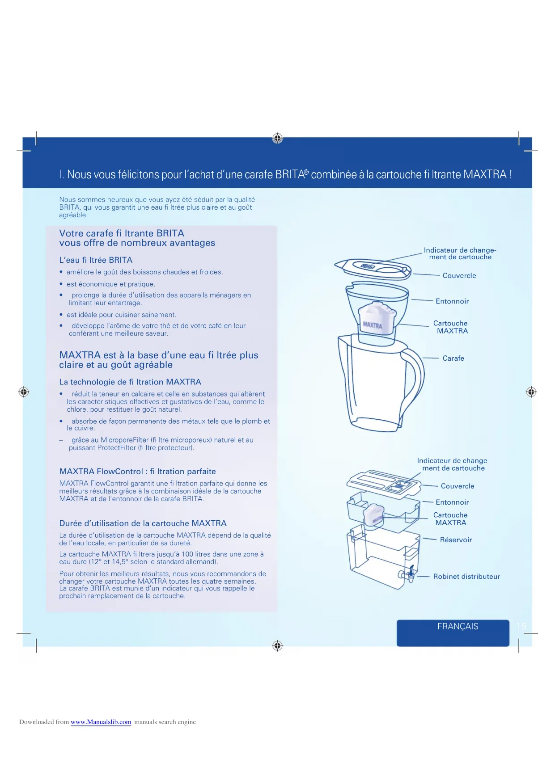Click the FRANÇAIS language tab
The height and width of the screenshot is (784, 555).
click(457, 627)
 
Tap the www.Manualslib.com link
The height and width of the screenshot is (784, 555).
click(101, 722)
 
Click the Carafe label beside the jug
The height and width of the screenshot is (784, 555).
click(453, 358)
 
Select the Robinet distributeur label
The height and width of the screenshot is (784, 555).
click(466, 577)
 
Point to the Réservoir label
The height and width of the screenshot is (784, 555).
click(456, 540)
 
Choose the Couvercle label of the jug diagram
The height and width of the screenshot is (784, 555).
click(459, 276)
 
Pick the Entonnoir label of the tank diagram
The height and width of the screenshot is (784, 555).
click(452, 502)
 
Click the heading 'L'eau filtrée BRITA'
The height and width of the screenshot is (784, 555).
click(96, 260)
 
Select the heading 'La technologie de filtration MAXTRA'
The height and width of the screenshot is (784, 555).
click(130, 382)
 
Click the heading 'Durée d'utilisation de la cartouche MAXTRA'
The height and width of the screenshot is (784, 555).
click(143, 523)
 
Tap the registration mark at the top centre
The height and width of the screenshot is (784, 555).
click(277, 138)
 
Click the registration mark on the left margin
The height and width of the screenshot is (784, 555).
click(24, 392)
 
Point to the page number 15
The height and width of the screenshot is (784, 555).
click(521, 626)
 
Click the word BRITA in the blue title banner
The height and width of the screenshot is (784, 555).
click(290, 174)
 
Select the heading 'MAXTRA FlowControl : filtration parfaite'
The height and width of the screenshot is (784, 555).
click(137, 472)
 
